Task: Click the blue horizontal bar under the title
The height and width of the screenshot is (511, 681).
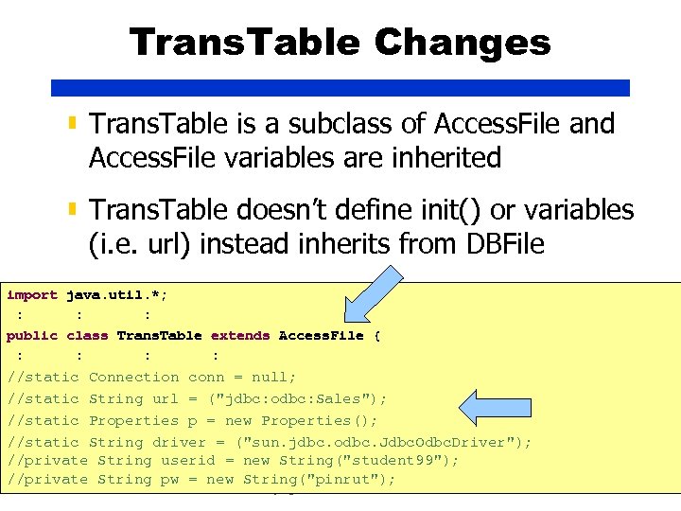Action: pos(340,87)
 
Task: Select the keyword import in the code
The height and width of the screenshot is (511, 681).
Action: pos(32,295)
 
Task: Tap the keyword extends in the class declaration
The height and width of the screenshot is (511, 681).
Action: pos(240,336)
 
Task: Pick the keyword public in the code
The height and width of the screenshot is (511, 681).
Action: pos(32,336)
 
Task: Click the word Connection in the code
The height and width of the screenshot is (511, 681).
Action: pos(133,378)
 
